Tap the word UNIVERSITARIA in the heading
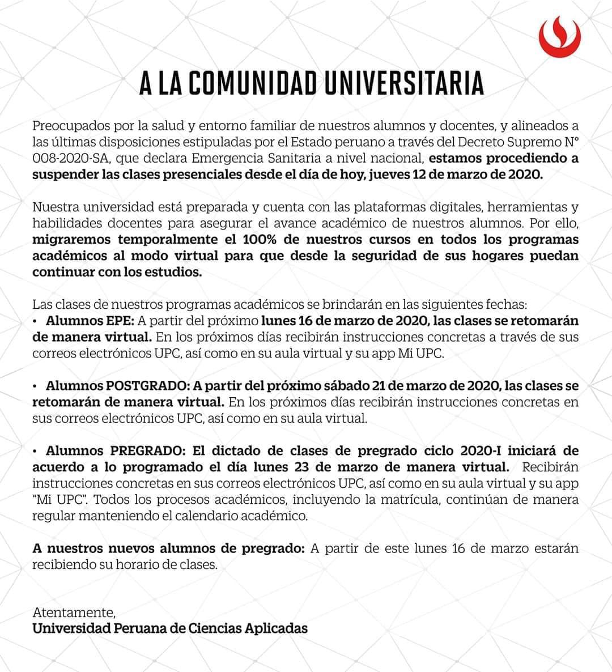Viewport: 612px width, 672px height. tap(404, 83)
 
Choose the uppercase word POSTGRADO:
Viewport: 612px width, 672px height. tap(147, 386)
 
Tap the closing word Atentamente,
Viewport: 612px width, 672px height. tap(74, 613)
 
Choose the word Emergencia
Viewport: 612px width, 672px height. tap(223, 158)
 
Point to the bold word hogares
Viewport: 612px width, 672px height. tap(493, 256)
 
